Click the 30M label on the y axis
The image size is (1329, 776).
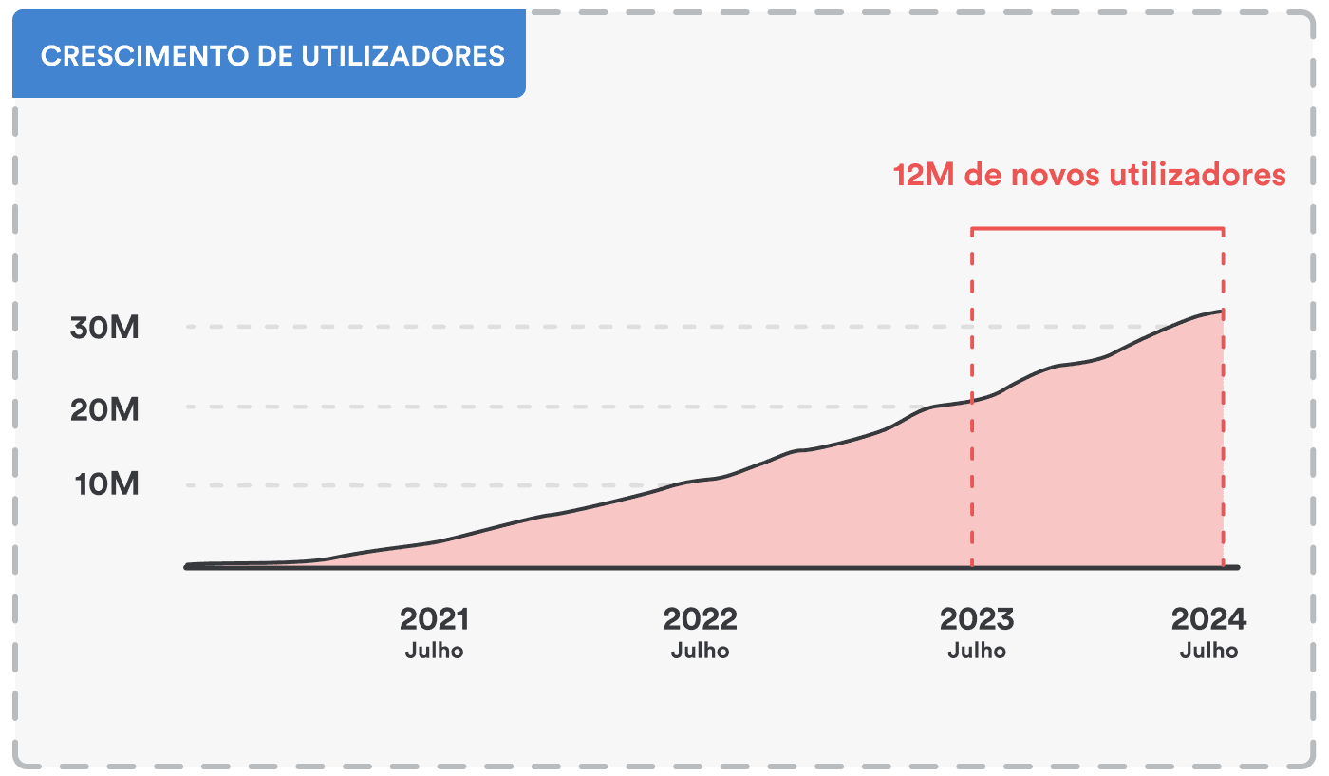click(104, 328)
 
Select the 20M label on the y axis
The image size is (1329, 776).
click(104, 409)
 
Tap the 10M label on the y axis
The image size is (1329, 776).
click(106, 484)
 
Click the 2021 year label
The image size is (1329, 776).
click(434, 619)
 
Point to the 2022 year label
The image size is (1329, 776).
click(700, 619)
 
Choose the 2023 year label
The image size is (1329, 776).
click(977, 619)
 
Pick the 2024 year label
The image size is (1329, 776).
click(1208, 619)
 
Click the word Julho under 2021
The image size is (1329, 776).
click(434, 652)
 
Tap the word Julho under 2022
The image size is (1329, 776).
click(700, 652)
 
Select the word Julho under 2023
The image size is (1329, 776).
click(977, 652)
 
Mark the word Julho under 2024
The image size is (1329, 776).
click(1208, 652)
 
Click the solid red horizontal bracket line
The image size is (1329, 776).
click(1096, 229)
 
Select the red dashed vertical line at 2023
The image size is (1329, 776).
click(972, 475)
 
